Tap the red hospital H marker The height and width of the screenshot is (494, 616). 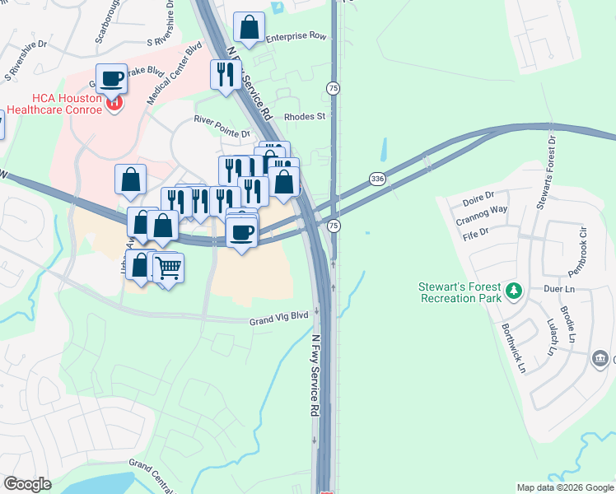[115, 104]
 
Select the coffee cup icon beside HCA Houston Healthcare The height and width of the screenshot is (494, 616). [112, 79]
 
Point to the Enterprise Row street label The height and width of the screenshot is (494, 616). [296, 37]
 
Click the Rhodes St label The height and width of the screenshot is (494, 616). [305, 117]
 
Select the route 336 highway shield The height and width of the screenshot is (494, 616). [377, 179]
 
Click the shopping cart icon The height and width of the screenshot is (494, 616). [168, 268]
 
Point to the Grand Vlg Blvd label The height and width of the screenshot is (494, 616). [278, 315]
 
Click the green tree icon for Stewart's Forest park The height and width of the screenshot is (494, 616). [514, 291]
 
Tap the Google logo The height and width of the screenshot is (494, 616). [28, 484]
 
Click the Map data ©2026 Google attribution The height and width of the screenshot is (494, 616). [564, 487]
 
